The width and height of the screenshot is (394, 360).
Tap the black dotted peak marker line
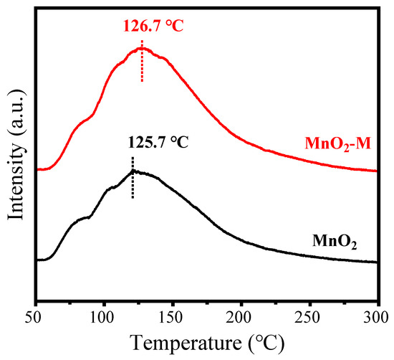pyautogui.click(x=133, y=176)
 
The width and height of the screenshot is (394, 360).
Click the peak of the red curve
pyautogui.click(x=140, y=49)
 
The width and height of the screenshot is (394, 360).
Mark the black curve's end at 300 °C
pyautogui.click(x=376, y=262)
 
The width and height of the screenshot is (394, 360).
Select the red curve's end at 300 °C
pyautogui.click(x=376, y=171)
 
